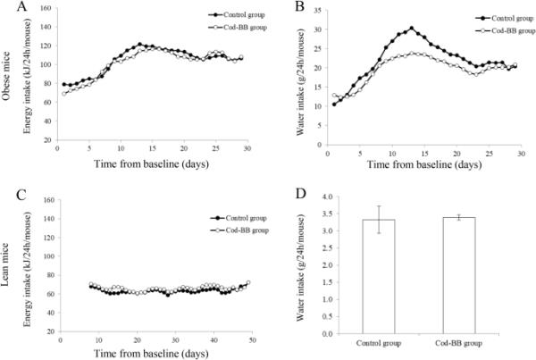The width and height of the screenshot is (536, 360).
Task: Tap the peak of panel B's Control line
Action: (412, 29)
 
